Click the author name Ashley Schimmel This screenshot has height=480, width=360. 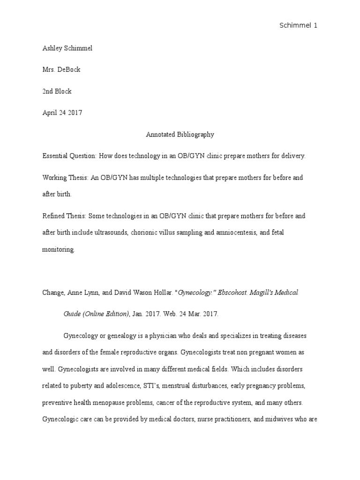tap(67, 48)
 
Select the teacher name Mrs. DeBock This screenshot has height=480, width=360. tap(61, 70)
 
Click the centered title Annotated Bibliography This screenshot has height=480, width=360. tap(180, 135)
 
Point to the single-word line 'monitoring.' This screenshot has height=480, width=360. tap(59, 250)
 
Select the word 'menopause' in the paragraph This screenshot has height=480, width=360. tap(120, 403)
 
